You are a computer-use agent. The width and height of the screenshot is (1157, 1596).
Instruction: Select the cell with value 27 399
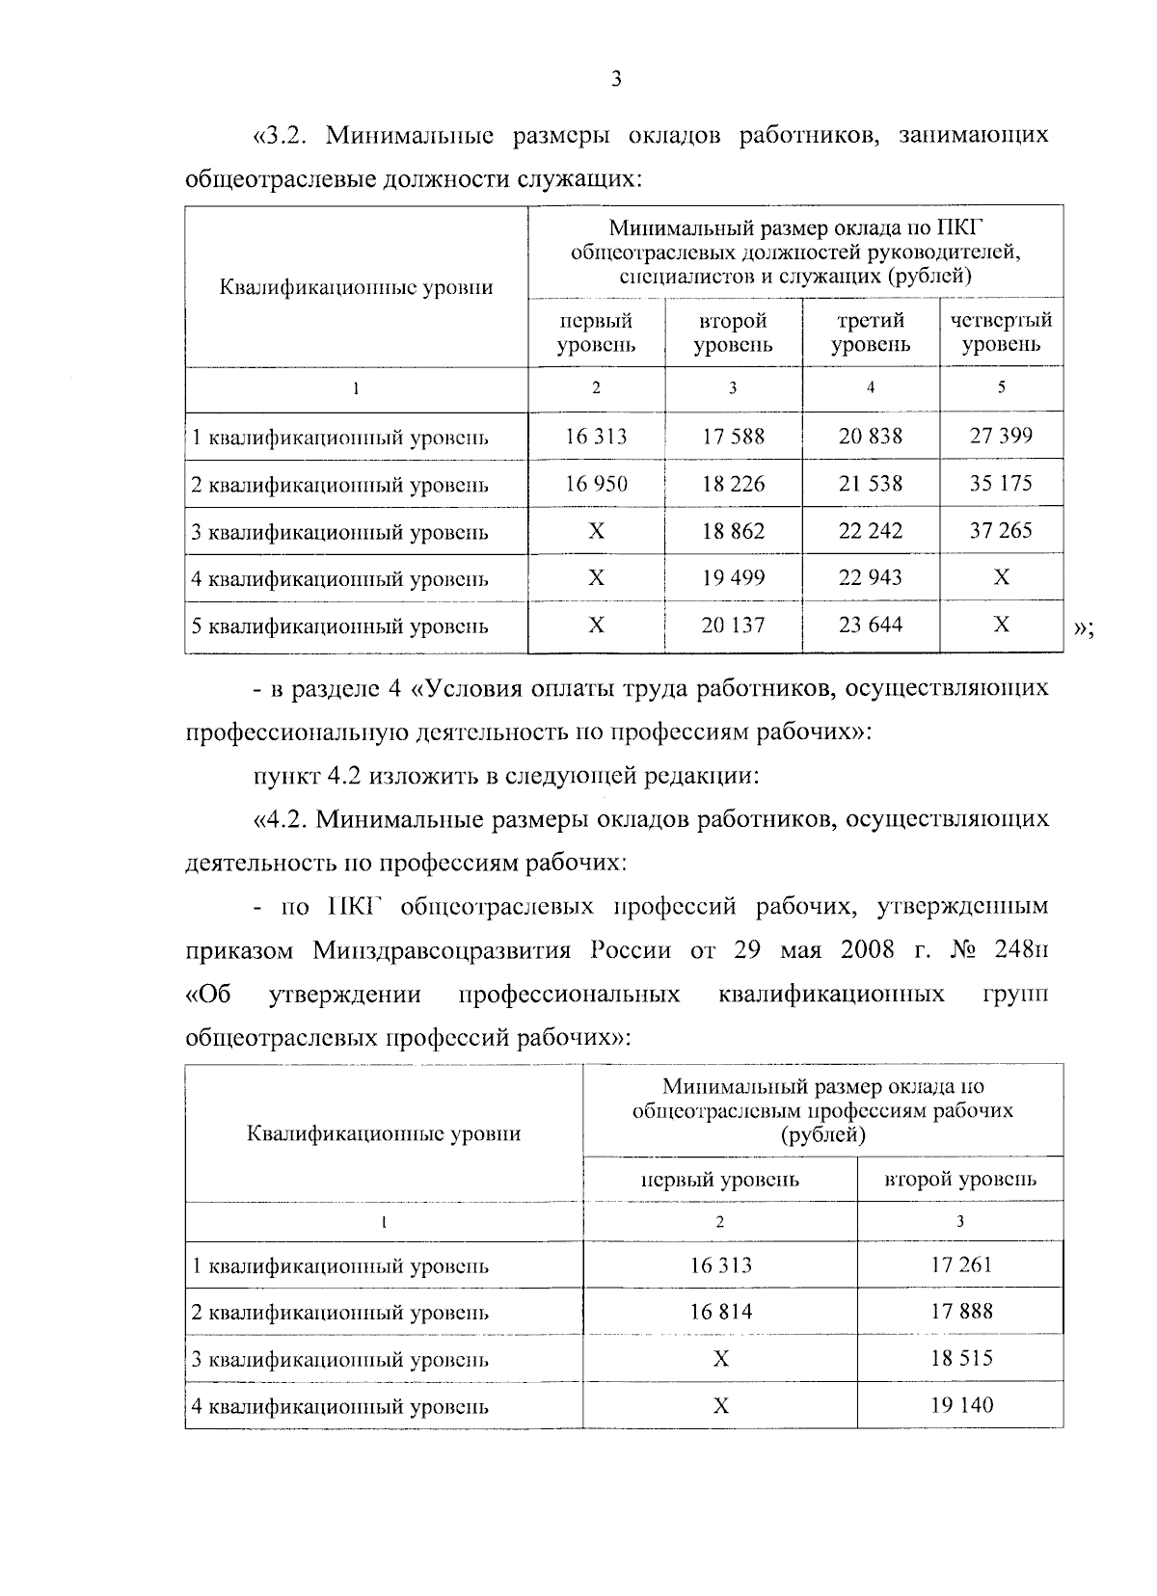(1001, 436)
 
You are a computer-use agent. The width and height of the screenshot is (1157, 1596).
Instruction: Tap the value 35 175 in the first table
(1001, 483)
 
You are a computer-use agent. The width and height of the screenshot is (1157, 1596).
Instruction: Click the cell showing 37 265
(1001, 530)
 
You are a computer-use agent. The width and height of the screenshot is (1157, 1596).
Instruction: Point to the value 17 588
(733, 437)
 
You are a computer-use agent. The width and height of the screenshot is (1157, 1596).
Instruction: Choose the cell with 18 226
(733, 484)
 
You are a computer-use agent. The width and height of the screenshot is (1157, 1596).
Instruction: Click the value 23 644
(871, 625)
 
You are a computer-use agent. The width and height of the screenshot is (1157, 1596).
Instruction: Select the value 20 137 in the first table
(733, 625)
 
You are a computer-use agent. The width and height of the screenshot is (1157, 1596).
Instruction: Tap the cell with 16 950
(596, 484)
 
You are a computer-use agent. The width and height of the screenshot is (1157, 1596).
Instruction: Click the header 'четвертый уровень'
(1001, 332)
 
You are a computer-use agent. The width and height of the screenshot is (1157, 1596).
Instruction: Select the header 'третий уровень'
(871, 332)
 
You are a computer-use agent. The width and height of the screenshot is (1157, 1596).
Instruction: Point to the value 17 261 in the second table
(960, 1264)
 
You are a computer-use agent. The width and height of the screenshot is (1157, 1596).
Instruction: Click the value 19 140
(960, 1405)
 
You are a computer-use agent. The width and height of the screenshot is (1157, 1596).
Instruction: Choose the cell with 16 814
(720, 1312)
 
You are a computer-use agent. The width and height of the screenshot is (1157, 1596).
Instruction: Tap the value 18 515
(960, 1359)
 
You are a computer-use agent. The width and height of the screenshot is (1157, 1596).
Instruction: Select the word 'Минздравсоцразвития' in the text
(444, 950)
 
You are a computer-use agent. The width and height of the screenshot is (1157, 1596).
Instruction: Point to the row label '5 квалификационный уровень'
(340, 626)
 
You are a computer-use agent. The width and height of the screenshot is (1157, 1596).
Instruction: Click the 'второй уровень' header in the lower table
(960, 1179)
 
